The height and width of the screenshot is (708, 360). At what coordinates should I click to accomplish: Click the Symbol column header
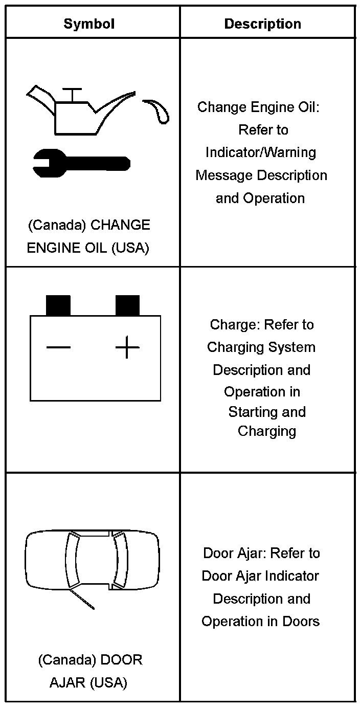(x=89, y=24)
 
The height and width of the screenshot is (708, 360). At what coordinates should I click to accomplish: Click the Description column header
(x=263, y=24)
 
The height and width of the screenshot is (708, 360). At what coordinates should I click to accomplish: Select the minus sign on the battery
(x=58, y=348)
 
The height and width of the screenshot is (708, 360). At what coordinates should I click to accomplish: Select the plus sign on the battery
(x=127, y=348)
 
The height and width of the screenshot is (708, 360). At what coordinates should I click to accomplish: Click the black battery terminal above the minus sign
(x=58, y=305)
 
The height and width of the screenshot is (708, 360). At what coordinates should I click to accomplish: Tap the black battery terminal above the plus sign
(x=127, y=305)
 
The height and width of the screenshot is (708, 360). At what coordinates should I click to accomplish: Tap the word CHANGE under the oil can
(x=120, y=225)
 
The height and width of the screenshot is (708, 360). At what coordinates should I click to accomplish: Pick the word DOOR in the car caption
(x=122, y=660)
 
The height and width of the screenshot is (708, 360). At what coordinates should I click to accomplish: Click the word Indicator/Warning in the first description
(x=261, y=152)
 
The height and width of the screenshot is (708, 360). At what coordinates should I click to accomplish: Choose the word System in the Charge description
(x=293, y=347)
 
